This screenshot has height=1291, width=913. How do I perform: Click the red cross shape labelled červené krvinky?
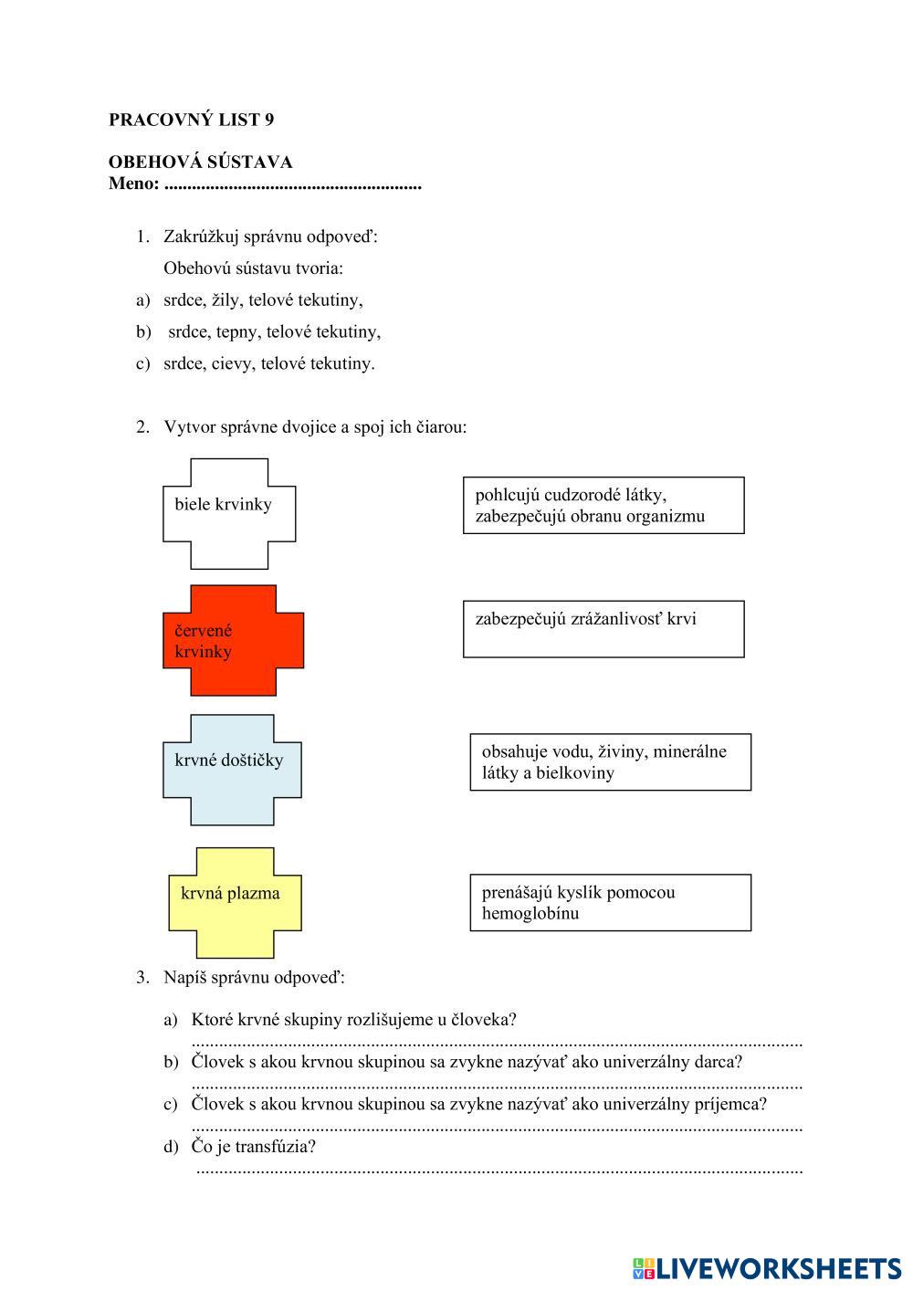point(233,640)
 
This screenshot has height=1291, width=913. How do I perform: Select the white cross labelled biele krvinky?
point(229,513)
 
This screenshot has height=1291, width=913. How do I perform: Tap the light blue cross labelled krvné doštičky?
point(232,770)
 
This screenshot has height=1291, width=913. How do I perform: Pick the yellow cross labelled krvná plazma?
point(235,902)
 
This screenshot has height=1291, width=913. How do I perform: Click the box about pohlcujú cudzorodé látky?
point(603,505)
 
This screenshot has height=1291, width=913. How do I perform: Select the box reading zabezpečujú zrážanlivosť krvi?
point(603,628)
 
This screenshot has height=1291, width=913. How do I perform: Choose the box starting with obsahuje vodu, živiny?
point(610,761)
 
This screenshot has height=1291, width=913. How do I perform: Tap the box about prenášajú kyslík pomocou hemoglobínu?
point(610,902)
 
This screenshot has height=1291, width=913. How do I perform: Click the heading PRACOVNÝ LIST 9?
point(191,120)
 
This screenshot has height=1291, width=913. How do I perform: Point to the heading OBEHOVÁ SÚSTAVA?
point(200,163)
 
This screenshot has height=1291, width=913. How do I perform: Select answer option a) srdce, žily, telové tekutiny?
point(263,299)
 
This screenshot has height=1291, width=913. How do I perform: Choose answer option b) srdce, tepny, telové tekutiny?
point(274,331)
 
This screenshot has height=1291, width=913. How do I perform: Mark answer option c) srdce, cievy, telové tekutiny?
point(268,363)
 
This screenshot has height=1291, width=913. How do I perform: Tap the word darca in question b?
point(717,1062)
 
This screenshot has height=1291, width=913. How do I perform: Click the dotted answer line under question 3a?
point(498,1043)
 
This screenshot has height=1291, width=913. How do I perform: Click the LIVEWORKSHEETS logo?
point(767,1268)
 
